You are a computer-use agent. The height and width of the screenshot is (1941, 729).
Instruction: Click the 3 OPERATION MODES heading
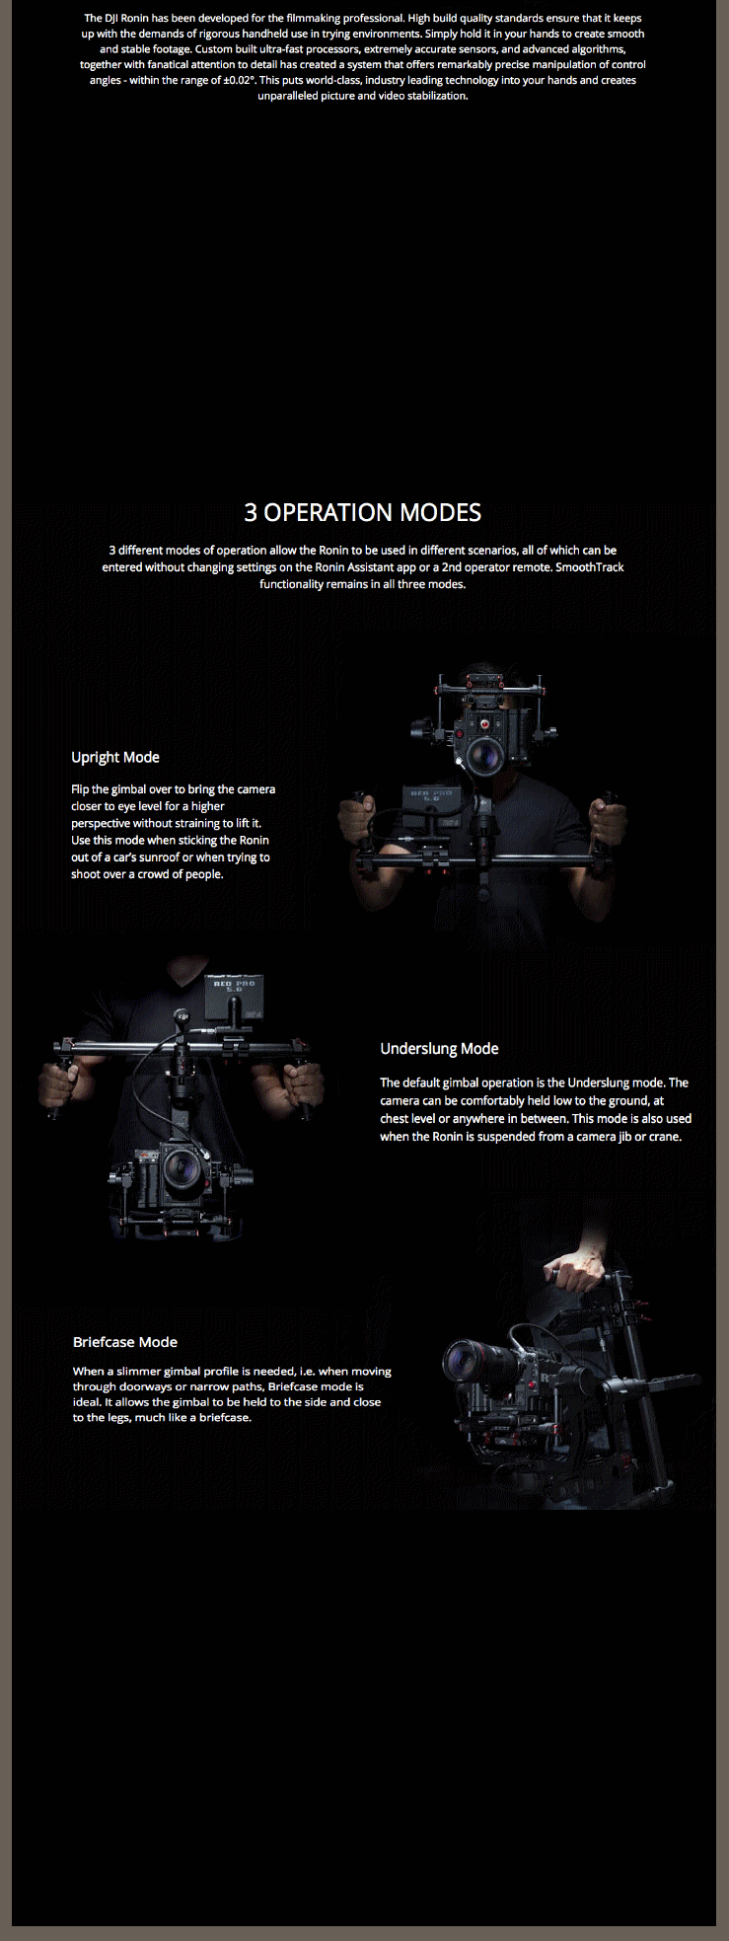coord(363,512)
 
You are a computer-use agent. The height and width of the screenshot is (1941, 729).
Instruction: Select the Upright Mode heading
coord(115,757)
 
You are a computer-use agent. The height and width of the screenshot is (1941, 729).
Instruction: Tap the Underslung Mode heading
coord(439,1048)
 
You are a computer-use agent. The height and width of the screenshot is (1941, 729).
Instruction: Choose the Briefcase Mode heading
coord(125,1342)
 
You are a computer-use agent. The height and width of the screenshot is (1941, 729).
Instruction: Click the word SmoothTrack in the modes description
coord(590,567)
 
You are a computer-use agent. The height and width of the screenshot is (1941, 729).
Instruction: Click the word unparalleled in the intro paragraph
coord(288,96)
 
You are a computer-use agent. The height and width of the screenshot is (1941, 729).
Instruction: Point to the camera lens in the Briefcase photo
coord(463,1362)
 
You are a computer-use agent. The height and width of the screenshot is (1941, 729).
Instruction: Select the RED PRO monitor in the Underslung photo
coord(233,999)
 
